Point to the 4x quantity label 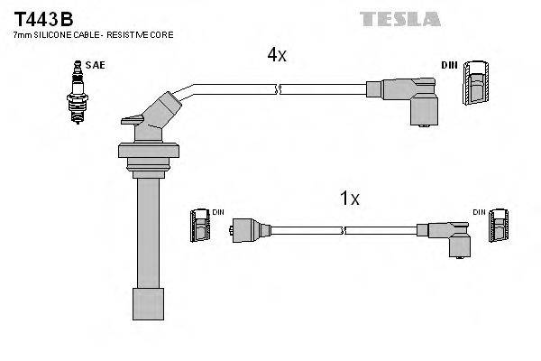pyautogui.click(x=276, y=55)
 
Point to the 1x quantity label pyautogui.click(x=349, y=199)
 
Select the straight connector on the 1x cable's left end pyautogui.click(x=248, y=229)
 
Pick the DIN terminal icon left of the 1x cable pyautogui.click(x=199, y=227)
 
